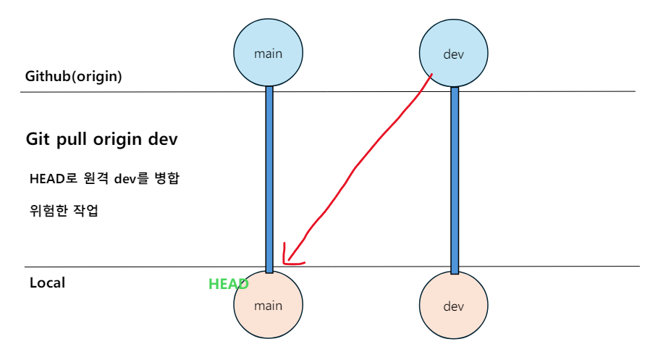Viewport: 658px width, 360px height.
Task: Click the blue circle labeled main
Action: pos(268,53)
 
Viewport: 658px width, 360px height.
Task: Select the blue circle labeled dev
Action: pos(454,53)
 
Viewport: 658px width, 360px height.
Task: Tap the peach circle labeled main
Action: pos(268,306)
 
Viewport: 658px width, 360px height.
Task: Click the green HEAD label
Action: pos(228,285)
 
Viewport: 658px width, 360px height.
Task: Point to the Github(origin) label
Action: pos(73,76)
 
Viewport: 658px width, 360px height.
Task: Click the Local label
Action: pos(47,282)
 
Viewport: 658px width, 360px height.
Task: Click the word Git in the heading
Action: pos(38,139)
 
